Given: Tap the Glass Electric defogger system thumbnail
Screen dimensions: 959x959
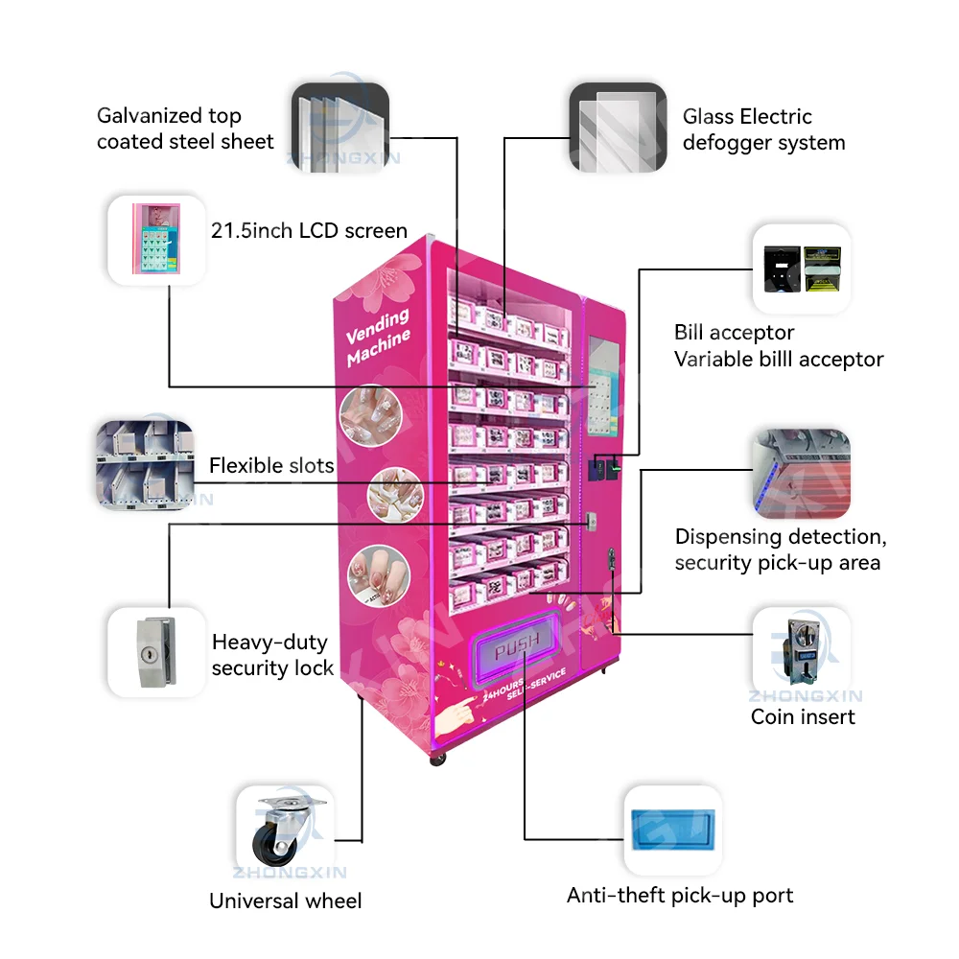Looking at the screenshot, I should pyautogui.click(x=618, y=128).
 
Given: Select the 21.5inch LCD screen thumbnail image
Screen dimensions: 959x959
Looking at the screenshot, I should pyautogui.click(x=155, y=240).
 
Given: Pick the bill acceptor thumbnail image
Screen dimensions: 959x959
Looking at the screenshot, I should pyautogui.click(x=801, y=269).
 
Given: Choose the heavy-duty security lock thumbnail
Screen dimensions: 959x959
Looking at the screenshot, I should pyautogui.click(x=155, y=651).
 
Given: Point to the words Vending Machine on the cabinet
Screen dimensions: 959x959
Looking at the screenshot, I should pyautogui.click(x=379, y=336).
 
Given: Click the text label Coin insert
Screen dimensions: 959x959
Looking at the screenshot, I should pyautogui.click(x=803, y=716).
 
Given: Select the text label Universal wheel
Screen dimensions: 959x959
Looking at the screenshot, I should pyautogui.click(x=286, y=901).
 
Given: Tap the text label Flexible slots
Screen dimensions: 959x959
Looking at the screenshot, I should pyautogui.click(x=271, y=466).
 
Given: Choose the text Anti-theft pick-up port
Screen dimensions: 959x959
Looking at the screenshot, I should pyautogui.click(x=680, y=896).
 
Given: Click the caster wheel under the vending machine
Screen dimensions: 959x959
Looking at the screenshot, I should pyautogui.click(x=438, y=758).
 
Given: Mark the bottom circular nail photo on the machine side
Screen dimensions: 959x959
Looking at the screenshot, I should pyautogui.click(x=371, y=572).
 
